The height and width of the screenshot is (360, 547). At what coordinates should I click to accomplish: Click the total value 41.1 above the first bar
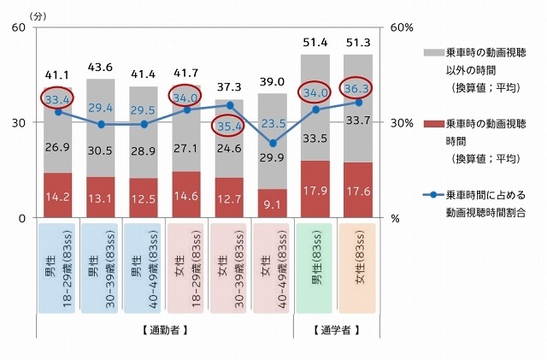(58, 76)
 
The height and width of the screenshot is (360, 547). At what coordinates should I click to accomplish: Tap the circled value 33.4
(58, 99)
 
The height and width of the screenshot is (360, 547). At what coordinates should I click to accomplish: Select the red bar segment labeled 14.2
(58, 195)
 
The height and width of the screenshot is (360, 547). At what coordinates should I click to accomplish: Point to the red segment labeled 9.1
(273, 204)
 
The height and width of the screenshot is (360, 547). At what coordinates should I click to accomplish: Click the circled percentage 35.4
(230, 128)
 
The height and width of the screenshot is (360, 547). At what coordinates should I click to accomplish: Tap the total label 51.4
(315, 42)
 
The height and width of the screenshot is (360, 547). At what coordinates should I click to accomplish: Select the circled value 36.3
(358, 89)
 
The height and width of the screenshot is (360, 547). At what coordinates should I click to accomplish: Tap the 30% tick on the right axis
(402, 122)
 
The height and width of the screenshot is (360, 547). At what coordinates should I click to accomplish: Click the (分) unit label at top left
(39, 15)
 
